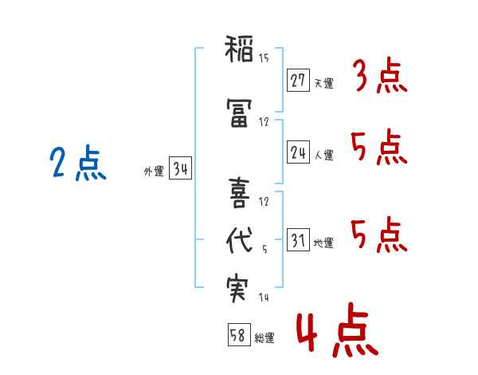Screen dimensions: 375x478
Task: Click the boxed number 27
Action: [x=299, y=80]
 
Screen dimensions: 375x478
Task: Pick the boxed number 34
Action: [x=180, y=169]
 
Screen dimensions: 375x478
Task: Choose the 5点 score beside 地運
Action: [x=379, y=235]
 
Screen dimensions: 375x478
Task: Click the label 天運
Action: [x=324, y=82]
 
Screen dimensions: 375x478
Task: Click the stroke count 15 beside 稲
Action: [x=264, y=57]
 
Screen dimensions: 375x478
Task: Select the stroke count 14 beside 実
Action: [x=264, y=298]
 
